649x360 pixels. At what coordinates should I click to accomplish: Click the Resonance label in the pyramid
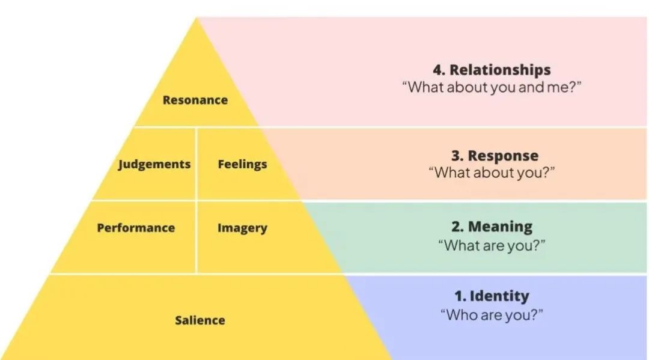(195, 100)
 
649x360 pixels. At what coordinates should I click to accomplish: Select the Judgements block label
(154, 164)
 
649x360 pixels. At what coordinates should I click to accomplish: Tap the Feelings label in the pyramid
(242, 164)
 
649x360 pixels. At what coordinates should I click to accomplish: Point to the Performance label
(136, 228)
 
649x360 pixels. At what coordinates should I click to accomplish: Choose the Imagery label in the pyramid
(242, 228)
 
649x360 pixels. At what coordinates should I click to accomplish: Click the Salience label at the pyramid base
(200, 320)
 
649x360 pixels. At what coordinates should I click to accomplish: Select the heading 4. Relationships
(492, 70)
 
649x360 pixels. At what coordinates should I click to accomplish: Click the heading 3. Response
(495, 156)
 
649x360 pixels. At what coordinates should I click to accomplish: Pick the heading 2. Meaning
(492, 227)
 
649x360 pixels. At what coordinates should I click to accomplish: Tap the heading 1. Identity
(492, 296)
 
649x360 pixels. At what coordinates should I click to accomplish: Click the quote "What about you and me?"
(492, 87)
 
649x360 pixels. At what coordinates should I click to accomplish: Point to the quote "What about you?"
(492, 172)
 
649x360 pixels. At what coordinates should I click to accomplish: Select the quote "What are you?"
(492, 245)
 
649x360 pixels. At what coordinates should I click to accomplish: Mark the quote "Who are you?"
(492, 314)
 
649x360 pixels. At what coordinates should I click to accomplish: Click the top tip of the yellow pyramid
(197, 20)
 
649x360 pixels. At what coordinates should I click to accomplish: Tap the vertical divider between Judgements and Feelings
(197, 163)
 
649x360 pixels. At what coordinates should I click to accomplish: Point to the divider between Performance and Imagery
(197, 237)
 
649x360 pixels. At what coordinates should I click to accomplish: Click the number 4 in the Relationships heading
(437, 70)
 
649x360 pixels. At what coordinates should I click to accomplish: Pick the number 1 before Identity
(458, 296)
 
